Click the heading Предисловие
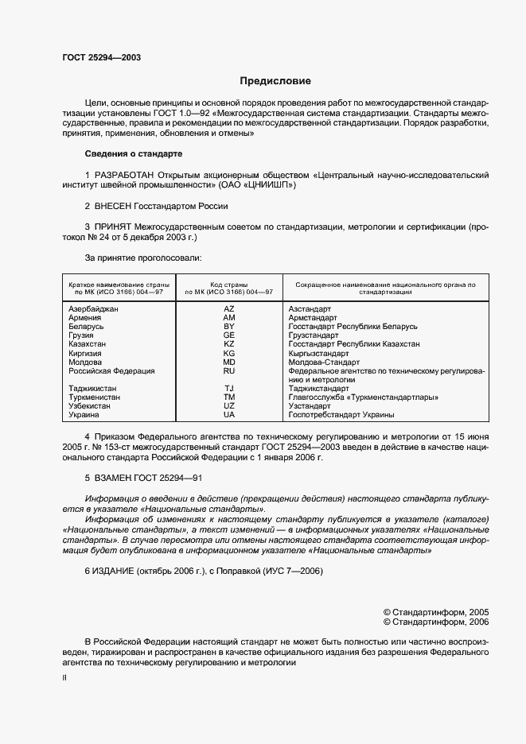pos(275,81)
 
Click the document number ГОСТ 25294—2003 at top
pos(102,57)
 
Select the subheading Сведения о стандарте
pos(134,153)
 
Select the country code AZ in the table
pos(229,308)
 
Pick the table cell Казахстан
pos(88,344)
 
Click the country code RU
pos(229,370)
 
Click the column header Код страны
pos(229,284)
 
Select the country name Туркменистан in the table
pos(95,397)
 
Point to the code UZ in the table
pos(229,406)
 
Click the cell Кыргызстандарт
pos(319,353)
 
